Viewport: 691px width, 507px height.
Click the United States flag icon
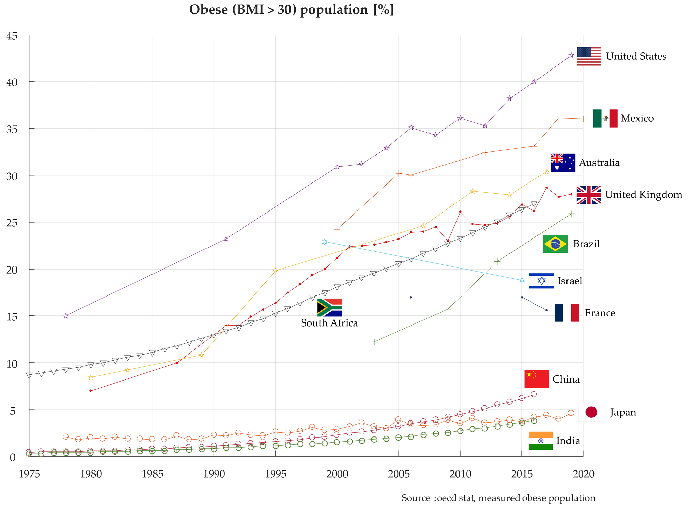(589, 56)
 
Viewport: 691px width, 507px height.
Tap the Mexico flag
(605, 118)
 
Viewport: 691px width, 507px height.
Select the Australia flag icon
(563, 163)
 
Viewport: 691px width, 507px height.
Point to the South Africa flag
(330, 307)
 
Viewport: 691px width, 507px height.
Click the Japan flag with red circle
(591, 412)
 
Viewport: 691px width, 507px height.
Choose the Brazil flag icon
(555, 244)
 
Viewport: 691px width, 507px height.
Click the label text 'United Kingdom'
(643, 195)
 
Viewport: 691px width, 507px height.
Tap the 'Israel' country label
(570, 281)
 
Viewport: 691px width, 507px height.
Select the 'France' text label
(600, 313)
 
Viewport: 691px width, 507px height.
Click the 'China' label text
(566, 379)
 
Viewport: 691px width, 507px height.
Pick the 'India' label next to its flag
(568, 441)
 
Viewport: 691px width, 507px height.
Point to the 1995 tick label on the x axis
(275, 474)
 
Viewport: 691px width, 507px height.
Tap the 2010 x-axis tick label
(460, 474)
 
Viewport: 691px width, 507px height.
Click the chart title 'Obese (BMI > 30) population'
(291, 10)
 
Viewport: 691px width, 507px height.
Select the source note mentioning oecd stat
(498, 498)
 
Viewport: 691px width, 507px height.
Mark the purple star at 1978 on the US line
(66, 316)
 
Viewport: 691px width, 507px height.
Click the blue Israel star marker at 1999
(325, 242)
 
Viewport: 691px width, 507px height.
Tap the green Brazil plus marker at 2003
(374, 342)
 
